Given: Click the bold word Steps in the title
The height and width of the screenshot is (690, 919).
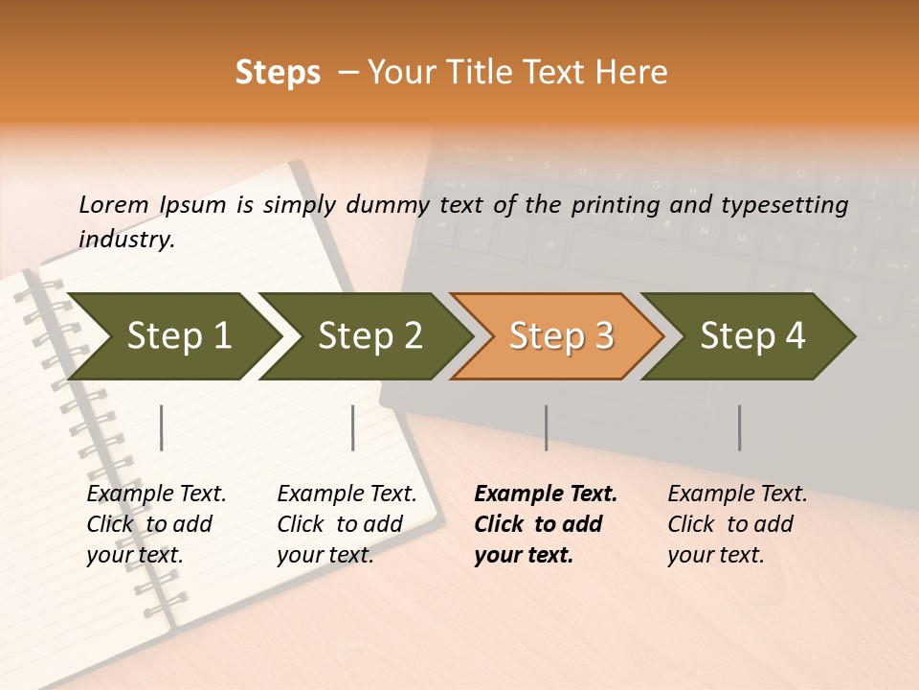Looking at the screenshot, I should click(278, 73).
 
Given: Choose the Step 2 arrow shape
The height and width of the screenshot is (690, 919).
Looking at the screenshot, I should click(369, 336).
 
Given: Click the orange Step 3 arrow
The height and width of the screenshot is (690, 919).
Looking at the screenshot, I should click(560, 336).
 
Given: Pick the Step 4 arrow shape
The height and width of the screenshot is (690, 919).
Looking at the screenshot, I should click(751, 336).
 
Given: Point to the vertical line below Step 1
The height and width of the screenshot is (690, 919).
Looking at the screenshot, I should click(162, 427).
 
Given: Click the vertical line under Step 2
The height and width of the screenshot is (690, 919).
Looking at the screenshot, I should click(353, 427).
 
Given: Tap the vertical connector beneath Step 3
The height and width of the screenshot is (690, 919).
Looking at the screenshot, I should click(547, 427).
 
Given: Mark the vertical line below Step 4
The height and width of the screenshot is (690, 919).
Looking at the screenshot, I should click(740, 427).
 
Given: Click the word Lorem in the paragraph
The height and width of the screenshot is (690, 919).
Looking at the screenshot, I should click(114, 205).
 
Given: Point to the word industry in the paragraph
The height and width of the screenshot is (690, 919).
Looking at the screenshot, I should click(125, 240).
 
